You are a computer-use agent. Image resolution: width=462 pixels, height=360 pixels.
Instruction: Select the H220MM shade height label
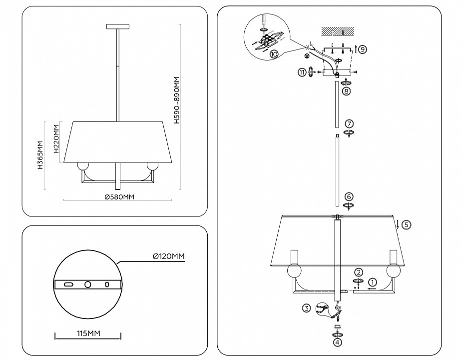pos(56,142)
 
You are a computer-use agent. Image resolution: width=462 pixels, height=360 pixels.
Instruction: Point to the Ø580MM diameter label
pos(119,197)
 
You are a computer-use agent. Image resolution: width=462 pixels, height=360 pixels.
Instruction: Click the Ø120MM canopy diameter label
pos(169,256)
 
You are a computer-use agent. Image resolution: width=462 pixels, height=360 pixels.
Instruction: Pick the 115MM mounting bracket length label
pos(87,332)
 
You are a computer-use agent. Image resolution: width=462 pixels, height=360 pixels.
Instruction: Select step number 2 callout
pos(359,272)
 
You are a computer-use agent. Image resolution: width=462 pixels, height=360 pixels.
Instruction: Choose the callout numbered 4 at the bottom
pos(338,342)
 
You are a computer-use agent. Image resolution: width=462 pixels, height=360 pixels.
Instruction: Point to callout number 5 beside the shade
pos(406,224)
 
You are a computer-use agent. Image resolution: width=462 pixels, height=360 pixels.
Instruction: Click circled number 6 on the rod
pos(349,196)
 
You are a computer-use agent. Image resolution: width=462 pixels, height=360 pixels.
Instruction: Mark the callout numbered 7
pos(349,123)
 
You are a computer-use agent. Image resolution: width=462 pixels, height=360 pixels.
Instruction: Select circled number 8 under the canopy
pos(346,91)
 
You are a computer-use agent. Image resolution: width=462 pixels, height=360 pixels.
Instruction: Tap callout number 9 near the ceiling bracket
pos(362,49)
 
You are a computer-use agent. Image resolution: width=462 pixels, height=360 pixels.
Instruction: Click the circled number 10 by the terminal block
pos(274,54)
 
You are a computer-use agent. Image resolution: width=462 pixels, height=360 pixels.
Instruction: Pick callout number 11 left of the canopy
pos(302,72)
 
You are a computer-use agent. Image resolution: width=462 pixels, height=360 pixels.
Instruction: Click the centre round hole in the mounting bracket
pos(88,284)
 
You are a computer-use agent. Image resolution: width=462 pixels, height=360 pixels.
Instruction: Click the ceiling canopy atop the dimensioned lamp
pos(118,26)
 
